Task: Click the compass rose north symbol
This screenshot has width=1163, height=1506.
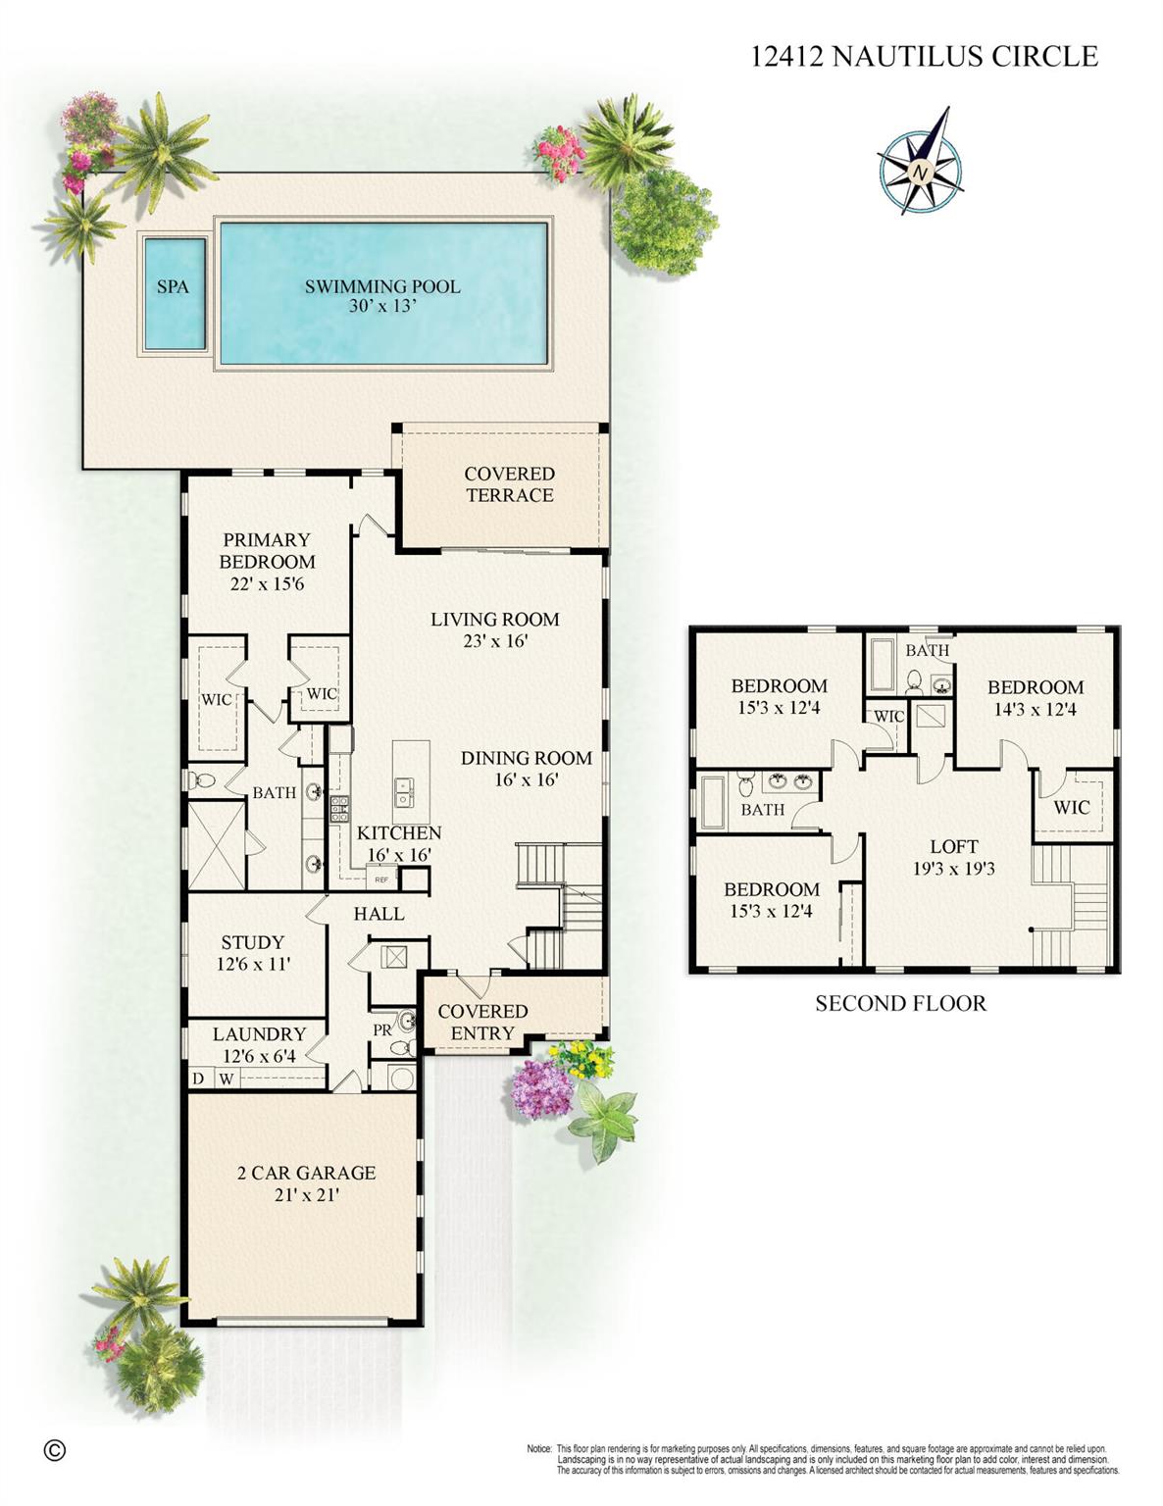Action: click(920, 173)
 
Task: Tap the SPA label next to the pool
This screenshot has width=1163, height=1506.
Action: click(173, 287)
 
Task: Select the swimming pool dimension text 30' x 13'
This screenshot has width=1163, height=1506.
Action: click(382, 306)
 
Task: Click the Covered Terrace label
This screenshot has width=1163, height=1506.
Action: click(509, 484)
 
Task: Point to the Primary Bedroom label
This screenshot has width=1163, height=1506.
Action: click(267, 550)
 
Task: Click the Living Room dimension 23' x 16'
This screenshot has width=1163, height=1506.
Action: click(495, 641)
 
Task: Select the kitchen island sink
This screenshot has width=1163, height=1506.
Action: click(404, 791)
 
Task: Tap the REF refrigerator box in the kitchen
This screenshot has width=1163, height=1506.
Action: click(381, 878)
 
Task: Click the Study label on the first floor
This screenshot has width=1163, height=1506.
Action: click(252, 942)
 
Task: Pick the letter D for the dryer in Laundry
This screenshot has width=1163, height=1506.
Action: click(198, 1079)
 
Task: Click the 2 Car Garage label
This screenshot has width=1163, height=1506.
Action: click(306, 1173)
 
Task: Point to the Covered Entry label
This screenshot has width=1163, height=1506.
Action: click(482, 1022)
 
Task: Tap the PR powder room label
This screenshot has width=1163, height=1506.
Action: click(381, 1029)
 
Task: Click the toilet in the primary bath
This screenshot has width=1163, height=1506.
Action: click(203, 781)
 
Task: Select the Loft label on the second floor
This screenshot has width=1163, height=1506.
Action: click(953, 846)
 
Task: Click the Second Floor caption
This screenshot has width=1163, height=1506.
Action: click(900, 1003)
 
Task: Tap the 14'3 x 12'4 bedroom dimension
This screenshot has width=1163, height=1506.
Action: click(1035, 709)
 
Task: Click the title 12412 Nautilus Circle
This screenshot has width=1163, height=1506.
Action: click(924, 57)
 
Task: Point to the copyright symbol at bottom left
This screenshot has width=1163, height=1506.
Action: click(55, 1450)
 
